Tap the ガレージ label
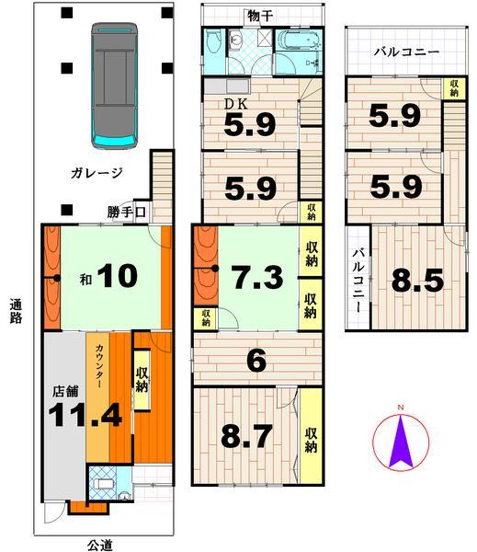click(x=100, y=172)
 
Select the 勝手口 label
click(x=127, y=213)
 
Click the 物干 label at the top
click(x=259, y=15)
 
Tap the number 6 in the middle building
click(x=256, y=362)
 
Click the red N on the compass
click(x=400, y=408)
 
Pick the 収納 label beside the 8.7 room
click(x=312, y=434)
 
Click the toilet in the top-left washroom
click(x=215, y=40)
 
